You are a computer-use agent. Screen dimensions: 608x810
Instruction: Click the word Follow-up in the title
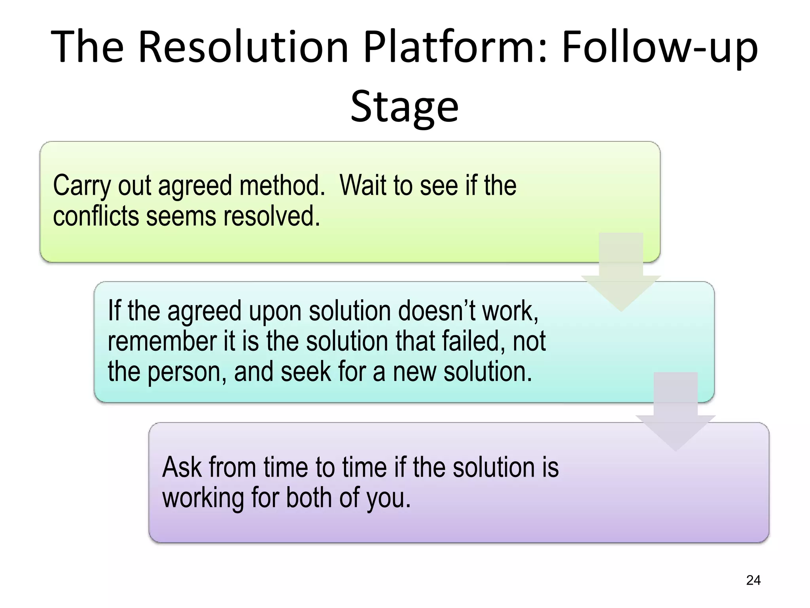pyautogui.click(x=660, y=47)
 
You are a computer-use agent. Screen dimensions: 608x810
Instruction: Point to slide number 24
pyautogui.click(x=753, y=580)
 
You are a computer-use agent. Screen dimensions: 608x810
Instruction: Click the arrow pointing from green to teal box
pyautogui.click(x=621, y=273)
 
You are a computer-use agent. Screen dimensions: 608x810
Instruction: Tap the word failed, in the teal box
pyautogui.click(x=473, y=341)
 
